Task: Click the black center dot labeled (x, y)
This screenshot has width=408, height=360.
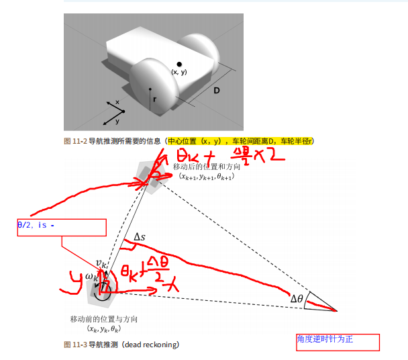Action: [179, 64]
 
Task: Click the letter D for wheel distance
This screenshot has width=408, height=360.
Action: [217, 89]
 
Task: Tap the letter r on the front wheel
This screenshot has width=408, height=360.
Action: [155, 99]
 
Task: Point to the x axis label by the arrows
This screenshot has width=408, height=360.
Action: [117, 102]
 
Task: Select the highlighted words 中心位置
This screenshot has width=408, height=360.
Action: [181, 141]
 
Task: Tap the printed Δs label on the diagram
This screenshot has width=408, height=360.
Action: [140, 236]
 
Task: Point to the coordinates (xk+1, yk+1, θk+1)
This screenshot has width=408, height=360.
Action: [205, 177]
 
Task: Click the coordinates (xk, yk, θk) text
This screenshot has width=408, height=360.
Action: [103, 328]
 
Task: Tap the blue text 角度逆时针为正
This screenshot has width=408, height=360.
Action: [325, 339]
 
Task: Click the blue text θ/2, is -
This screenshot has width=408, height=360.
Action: [36, 226]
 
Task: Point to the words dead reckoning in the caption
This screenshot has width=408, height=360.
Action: [152, 345]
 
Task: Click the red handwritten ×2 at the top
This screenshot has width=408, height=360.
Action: [269, 156]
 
